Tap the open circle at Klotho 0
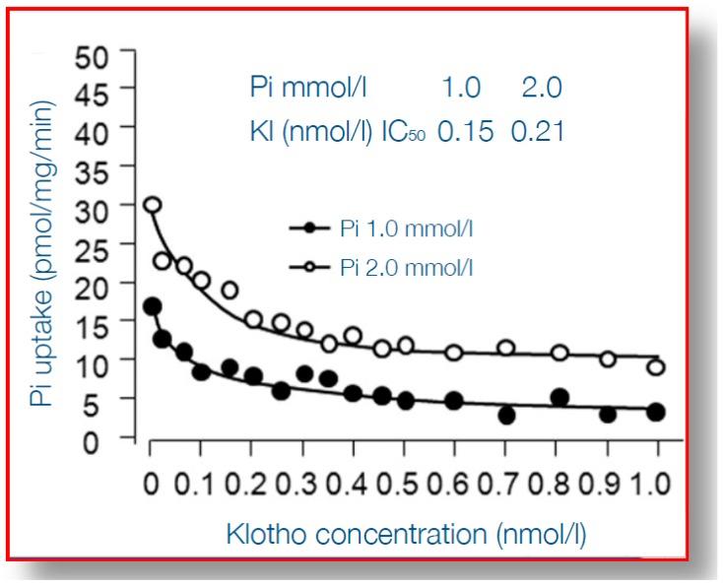tap(152, 206)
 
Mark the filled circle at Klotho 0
tap(152, 306)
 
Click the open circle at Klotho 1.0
tap(656, 367)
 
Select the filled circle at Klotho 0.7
tap(507, 416)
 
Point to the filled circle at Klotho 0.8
tap(559, 398)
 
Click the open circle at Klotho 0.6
tap(454, 353)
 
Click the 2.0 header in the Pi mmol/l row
tap(542, 88)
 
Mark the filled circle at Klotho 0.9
tap(608, 415)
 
